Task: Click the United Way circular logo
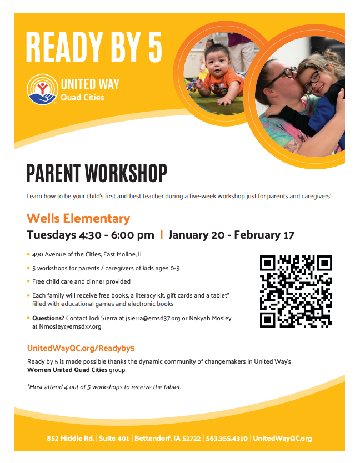[x=42, y=89]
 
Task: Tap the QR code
[x=296, y=291]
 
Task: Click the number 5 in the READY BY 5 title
[x=155, y=47]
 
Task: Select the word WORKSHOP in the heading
[x=126, y=173]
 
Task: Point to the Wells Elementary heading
[x=78, y=219]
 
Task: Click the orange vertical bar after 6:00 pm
[x=161, y=235]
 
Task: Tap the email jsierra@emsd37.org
[x=153, y=318]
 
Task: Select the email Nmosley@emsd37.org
[x=70, y=326]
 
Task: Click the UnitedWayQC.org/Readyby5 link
[x=81, y=348]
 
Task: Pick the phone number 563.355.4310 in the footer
[x=227, y=439]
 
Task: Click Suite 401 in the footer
[x=114, y=439]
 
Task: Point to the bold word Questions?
[x=48, y=318]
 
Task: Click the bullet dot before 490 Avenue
[x=28, y=254]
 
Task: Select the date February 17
[x=264, y=235]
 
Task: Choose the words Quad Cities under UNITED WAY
[x=82, y=98]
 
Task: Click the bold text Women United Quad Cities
[x=67, y=370]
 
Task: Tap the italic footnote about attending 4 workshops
[x=104, y=387]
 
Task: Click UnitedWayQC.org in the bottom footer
[x=282, y=439]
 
